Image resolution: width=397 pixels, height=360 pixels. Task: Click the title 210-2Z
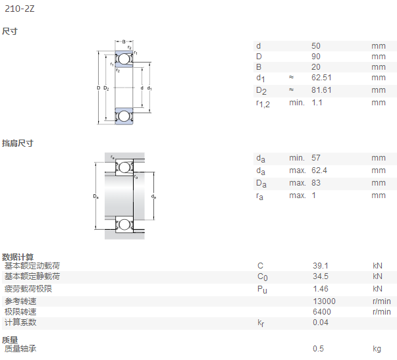(x=20, y=9)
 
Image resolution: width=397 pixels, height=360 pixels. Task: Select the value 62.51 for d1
(x=321, y=78)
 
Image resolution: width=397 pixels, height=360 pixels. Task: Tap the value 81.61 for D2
(x=321, y=90)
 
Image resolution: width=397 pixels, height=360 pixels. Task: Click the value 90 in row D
(x=316, y=57)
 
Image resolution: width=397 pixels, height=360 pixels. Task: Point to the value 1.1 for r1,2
(x=317, y=103)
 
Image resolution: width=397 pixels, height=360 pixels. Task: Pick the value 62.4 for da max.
(x=319, y=170)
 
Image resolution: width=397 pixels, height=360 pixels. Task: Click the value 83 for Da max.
(x=316, y=183)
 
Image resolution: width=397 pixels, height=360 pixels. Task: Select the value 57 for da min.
(x=316, y=158)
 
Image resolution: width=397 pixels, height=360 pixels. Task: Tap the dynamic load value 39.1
(x=321, y=266)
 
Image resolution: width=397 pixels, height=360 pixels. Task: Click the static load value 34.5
(x=321, y=276)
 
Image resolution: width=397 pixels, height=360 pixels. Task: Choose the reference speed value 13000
(x=324, y=301)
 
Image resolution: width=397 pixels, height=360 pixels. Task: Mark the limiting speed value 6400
(x=322, y=312)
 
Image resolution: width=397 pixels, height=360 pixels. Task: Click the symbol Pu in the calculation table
(x=262, y=290)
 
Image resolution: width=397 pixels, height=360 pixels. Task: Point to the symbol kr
(x=261, y=322)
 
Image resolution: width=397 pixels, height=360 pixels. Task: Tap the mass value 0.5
(x=318, y=349)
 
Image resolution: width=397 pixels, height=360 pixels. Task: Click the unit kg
(x=377, y=349)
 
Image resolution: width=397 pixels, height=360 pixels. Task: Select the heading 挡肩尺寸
(x=18, y=143)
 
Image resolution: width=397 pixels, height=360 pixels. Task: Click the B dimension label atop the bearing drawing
(x=124, y=41)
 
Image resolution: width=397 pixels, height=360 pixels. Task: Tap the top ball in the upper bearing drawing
(x=124, y=59)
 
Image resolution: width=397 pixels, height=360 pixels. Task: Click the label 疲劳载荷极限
(x=28, y=289)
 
